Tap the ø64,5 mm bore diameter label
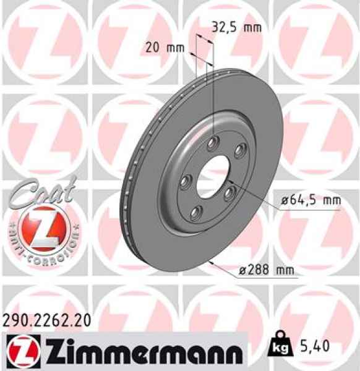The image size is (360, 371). (311, 200)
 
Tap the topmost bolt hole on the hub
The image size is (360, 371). (213, 143)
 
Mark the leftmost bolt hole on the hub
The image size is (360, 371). (185, 182)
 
